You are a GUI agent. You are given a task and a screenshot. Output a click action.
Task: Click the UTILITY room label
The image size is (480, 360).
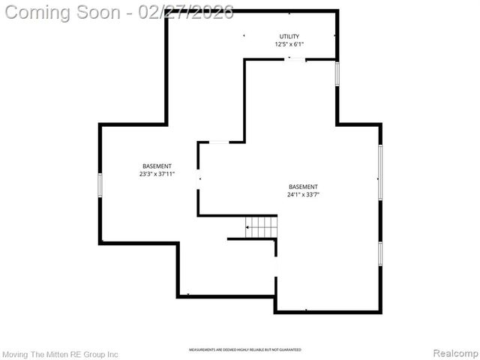click(289, 36)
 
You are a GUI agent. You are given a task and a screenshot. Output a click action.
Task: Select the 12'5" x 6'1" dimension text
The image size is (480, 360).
click(289, 44)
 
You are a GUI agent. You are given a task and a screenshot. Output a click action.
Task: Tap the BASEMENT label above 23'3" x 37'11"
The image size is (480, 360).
click(157, 166)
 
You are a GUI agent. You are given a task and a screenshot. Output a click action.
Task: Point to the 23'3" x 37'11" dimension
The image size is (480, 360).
click(157, 174)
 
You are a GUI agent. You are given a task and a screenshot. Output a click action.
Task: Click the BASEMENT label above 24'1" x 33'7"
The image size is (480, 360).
click(303, 187)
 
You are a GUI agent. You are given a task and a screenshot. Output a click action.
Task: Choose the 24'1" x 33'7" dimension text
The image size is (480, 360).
click(303, 195)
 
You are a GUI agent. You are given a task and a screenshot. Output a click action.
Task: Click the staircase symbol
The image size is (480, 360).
click(262, 226)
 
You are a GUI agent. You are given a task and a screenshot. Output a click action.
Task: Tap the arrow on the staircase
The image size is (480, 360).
click(249, 226)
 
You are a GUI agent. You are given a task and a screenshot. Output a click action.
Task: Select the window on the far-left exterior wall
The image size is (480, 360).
click(100, 184)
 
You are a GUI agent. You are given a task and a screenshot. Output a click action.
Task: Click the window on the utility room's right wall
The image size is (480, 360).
click(337, 73)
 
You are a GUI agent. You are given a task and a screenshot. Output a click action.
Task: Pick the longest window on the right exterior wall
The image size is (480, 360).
click(380, 172)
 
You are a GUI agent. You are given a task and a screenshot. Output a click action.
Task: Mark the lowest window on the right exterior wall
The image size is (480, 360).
click(380, 253)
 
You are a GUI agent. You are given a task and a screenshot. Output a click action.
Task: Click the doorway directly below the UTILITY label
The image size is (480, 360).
click(296, 59)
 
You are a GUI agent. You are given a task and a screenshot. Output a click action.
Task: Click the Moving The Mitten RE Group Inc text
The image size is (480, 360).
click(61, 353)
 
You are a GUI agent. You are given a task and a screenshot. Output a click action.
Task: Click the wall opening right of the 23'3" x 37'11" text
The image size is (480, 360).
click(199, 179)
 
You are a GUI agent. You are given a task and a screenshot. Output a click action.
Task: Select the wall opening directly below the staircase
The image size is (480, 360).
click(276, 266)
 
